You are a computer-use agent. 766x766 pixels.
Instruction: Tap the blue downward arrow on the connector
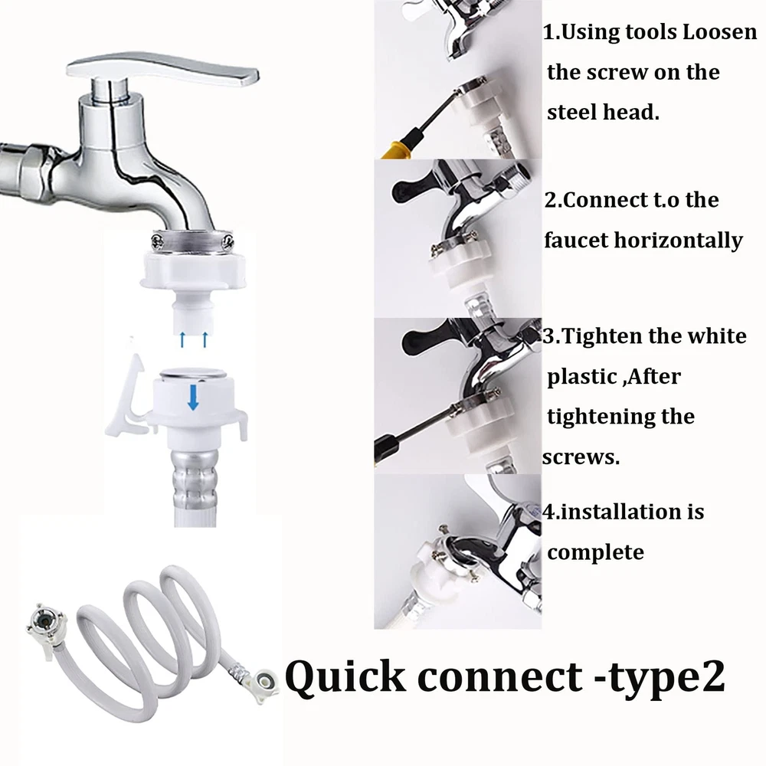coord(194,397)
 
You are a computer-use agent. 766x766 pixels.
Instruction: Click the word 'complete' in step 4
coord(595,553)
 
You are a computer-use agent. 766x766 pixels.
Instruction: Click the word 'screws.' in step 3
coord(581,457)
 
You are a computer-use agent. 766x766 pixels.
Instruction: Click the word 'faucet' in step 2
coord(575,241)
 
